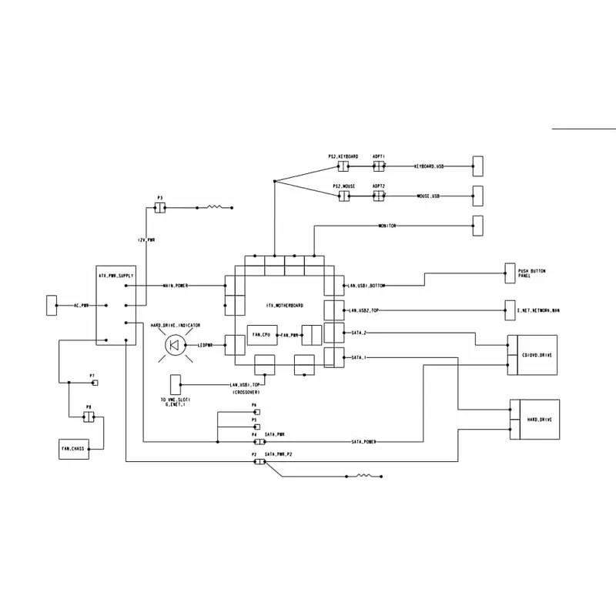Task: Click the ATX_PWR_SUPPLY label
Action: pyautogui.click(x=116, y=275)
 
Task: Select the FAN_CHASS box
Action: pyautogui.click(x=74, y=448)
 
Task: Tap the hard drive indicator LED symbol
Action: pyautogui.click(x=174, y=346)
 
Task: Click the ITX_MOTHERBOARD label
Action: pyautogui.click(x=285, y=306)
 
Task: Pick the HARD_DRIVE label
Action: pyautogui.click(x=538, y=420)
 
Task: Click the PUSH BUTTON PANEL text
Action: pyautogui.click(x=534, y=273)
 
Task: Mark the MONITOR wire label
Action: pyautogui.click(x=387, y=226)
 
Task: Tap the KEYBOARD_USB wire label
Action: pyautogui.click(x=429, y=166)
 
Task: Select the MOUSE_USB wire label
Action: pyautogui.click(x=428, y=196)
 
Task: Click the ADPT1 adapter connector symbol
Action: pyautogui.click(x=378, y=166)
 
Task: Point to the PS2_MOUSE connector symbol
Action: pyautogui.click(x=343, y=196)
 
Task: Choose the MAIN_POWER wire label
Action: pyautogui.click(x=175, y=286)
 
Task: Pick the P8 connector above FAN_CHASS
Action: pyautogui.click(x=89, y=417)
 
